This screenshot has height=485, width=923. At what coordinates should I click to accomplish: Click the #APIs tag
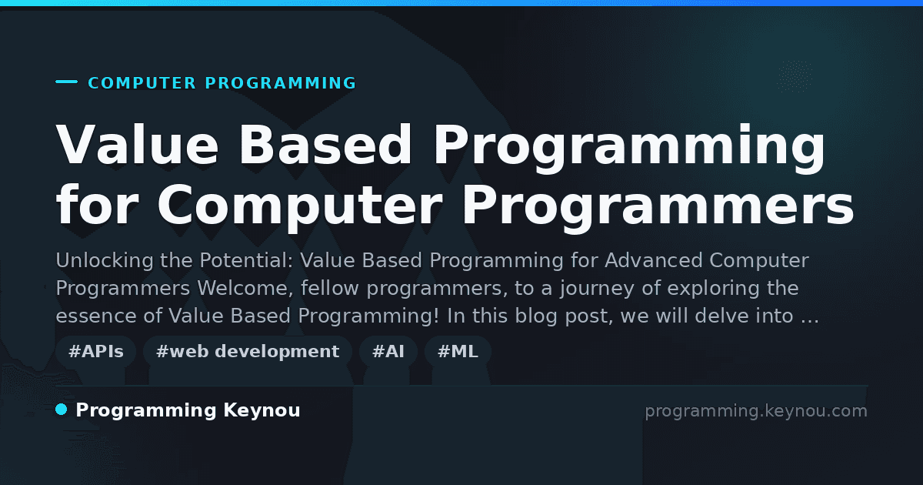click(x=95, y=352)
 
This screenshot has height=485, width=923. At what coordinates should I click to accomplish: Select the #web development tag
click(x=248, y=352)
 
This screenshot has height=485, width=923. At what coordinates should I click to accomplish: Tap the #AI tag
click(x=388, y=352)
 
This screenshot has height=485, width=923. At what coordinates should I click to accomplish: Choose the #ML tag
click(x=458, y=352)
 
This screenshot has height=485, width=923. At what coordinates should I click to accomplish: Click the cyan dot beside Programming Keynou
click(x=62, y=410)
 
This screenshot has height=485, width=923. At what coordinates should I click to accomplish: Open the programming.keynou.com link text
click(x=756, y=411)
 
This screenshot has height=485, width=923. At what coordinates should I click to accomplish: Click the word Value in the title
click(x=137, y=145)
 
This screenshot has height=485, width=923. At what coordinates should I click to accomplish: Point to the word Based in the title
click(x=325, y=145)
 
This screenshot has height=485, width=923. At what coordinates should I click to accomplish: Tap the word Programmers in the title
click(x=658, y=206)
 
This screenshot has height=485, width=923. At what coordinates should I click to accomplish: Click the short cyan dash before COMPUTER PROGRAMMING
click(x=66, y=82)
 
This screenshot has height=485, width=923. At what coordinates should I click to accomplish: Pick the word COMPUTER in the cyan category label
click(x=142, y=83)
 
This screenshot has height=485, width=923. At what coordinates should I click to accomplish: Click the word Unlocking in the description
click(x=105, y=261)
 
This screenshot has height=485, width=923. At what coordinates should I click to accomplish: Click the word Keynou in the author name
click(x=262, y=410)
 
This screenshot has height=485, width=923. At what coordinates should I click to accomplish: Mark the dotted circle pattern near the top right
click(x=795, y=76)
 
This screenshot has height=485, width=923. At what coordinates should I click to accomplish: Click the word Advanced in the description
click(x=654, y=261)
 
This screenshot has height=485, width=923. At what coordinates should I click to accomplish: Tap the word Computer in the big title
click(x=299, y=206)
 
